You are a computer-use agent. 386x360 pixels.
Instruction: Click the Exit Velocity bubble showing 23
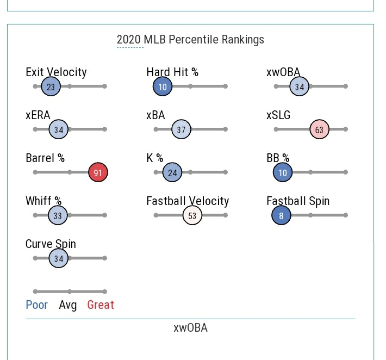tap(51, 86)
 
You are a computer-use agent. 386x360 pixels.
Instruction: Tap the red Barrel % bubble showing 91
tap(98, 172)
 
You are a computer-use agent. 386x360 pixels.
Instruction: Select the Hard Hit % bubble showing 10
tap(163, 86)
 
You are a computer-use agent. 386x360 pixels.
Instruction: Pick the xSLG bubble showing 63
tap(319, 129)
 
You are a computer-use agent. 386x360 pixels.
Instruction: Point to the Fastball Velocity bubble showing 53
tap(192, 215)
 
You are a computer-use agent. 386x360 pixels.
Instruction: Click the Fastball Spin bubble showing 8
tap(281, 215)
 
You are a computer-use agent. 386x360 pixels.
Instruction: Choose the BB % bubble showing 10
tap(283, 172)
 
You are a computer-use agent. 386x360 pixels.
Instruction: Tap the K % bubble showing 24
tap(172, 172)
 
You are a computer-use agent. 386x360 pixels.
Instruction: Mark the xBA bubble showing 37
tap(181, 129)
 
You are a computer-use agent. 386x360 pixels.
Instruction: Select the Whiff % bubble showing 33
tap(58, 215)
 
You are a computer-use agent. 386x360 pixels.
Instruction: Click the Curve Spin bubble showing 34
tap(58, 258)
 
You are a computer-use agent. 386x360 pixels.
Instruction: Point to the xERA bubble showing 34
tap(58, 129)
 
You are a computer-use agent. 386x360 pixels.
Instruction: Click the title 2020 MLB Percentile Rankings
tap(190, 40)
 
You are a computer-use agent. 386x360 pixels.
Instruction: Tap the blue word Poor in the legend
tap(37, 305)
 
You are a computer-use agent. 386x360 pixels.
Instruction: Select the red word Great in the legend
tap(101, 305)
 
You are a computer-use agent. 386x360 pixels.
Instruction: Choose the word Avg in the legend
tap(68, 305)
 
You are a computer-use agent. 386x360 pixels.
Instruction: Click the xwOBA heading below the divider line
tap(190, 328)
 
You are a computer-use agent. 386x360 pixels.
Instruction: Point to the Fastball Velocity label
tap(188, 201)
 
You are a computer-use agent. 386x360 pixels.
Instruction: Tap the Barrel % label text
tap(45, 158)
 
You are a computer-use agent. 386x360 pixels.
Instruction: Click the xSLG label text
tap(278, 115)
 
